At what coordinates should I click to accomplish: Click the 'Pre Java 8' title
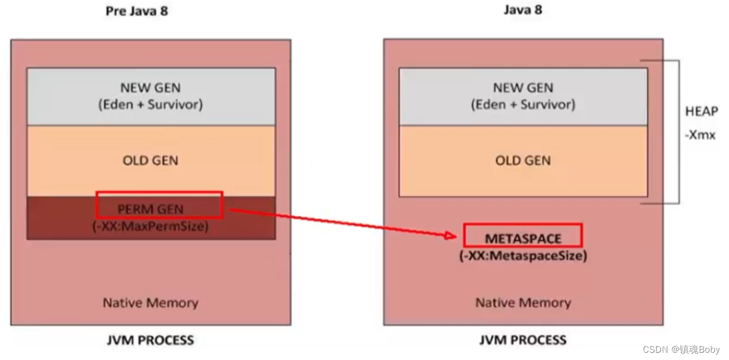[137, 11]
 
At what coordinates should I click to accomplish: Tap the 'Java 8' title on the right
[523, 10]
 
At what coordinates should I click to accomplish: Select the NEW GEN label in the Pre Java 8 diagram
[150, 88]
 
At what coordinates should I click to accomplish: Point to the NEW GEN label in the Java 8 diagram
[523, 88]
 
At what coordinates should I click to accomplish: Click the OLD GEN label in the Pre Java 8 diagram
[150, 161]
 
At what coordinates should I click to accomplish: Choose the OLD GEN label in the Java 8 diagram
[523, 161]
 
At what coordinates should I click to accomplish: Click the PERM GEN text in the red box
[150, 209]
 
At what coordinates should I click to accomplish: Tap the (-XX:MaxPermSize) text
[150, 226]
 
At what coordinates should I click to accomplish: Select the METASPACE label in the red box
[523, 239]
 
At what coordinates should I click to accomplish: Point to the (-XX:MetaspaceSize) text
[523, 256]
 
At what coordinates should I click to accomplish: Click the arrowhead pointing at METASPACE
[451, 236]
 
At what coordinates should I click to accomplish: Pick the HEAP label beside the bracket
[702, 112]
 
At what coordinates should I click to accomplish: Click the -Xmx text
[701, 135]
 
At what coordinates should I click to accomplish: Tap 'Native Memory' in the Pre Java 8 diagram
[150, 303]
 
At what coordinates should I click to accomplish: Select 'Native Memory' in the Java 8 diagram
[523, 303]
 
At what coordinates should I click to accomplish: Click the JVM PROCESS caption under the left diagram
[150, 340]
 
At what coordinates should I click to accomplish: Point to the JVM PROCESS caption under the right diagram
[523, 340]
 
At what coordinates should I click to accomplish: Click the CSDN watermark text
[681, 349]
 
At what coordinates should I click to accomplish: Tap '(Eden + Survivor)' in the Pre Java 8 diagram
[150, 104]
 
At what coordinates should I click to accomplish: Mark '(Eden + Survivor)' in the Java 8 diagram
[523, 104]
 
